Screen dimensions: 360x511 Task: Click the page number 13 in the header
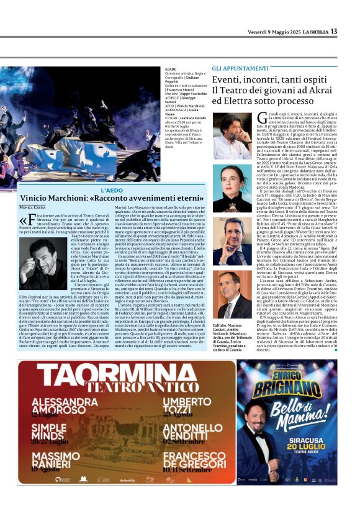tap(333, 31)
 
